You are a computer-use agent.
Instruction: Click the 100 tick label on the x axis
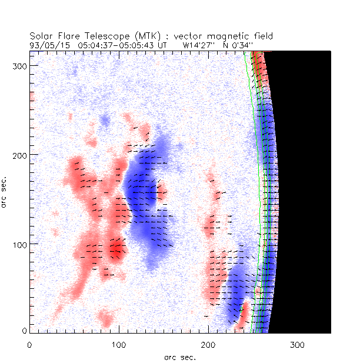(x=119, y=344)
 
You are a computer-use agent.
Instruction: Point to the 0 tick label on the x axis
(x=29, y=344)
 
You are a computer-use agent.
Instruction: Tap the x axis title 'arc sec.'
(x=179, y=357)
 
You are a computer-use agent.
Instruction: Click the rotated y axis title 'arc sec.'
(x=5, y=191)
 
